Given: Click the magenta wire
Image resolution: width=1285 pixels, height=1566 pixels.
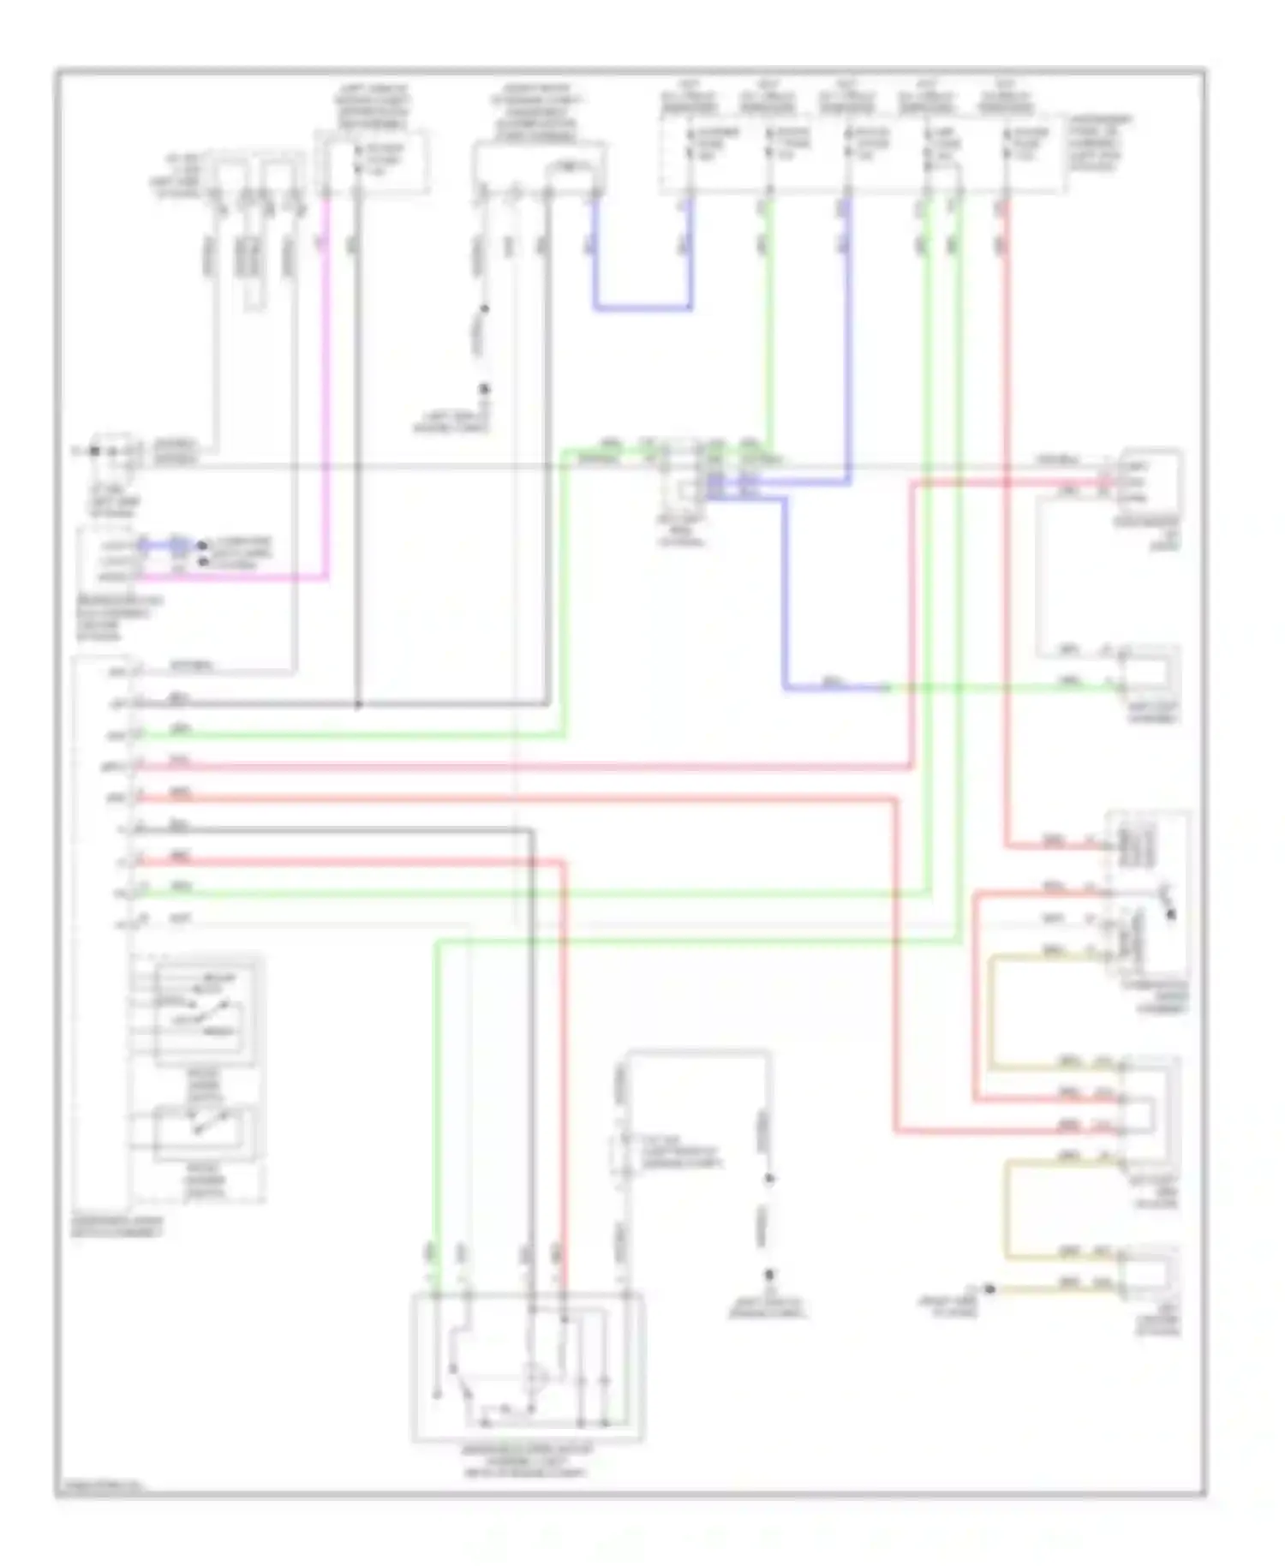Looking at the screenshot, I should [326, 386].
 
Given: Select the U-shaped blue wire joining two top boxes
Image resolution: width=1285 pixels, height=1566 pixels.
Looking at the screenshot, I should [642, 307].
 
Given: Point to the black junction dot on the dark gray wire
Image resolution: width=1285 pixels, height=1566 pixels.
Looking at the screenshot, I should [358, 705].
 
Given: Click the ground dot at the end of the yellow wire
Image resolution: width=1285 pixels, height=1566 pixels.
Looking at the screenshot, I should [989, 1288].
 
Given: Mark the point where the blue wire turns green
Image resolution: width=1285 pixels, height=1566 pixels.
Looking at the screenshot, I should [887, 687].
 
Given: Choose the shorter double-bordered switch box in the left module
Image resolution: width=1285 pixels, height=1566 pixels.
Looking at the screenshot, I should [204, 1133].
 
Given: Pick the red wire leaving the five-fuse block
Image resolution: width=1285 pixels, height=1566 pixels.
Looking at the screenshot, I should [1005, 514].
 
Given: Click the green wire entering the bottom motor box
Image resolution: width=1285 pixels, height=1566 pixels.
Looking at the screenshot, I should [435, 1114].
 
